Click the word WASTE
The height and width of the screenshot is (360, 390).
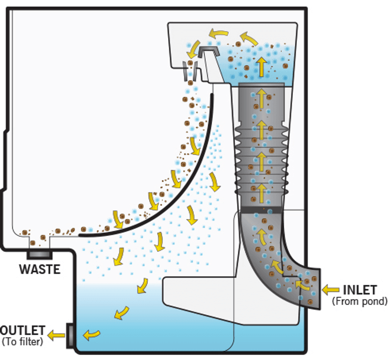pos(39,269)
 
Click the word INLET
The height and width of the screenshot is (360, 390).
pos(359,290)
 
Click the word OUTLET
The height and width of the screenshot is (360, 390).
pos(23,331)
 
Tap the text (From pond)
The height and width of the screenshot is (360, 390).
pos(359,301)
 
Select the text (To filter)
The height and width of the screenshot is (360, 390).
pos(22,341)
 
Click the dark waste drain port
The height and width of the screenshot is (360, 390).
pos(39,254)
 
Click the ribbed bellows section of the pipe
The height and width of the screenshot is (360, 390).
pos(261,156)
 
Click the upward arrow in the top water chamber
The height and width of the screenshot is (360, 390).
pos(262,66)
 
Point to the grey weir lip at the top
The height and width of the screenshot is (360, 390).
pos(209,52)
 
